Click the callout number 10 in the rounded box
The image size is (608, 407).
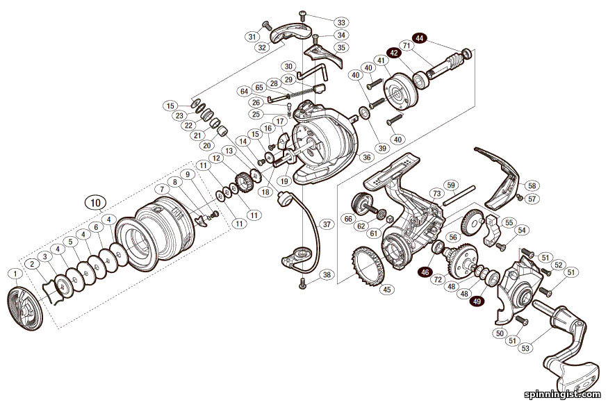point(95,202)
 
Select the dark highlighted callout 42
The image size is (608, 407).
point(393,52)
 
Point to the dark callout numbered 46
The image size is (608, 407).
point(425,273)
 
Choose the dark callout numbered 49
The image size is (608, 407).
point(477,301)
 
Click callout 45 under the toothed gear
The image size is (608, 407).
point(386,290)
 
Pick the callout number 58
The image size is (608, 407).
point(532,185)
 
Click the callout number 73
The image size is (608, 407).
point(436,193)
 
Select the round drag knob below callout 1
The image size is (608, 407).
point(26,308)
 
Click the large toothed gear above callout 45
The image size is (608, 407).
point(370,263)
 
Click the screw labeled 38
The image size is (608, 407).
point(303,283)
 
